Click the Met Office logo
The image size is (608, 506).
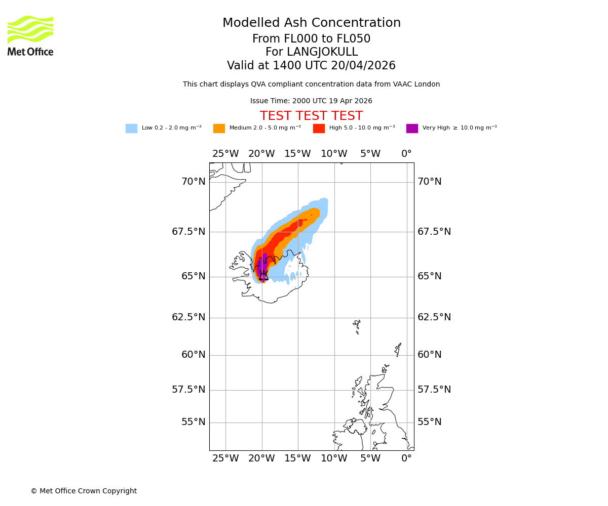click(30, 35)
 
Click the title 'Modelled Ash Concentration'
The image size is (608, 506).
click(312, 23)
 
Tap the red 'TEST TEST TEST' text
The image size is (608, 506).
click(311, 116)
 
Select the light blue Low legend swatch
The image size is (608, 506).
click(131, 129)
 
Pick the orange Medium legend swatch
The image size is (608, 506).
click(219, 129)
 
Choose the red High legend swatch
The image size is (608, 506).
click(319, 129)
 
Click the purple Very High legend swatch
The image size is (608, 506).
click(412, 129)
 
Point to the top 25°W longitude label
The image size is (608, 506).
click(225, 154)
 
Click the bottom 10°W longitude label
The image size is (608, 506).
click(334, 458)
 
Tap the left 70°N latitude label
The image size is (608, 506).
click(194, 182)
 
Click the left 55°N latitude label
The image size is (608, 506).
click(194, 422)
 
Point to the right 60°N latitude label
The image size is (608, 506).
click(429, 355)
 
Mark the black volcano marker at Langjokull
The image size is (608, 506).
click(263, 276)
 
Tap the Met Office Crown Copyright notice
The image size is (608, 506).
click(84, 491)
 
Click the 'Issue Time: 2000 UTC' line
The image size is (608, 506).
click(311, 101)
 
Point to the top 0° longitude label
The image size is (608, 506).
click(406, 154)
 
